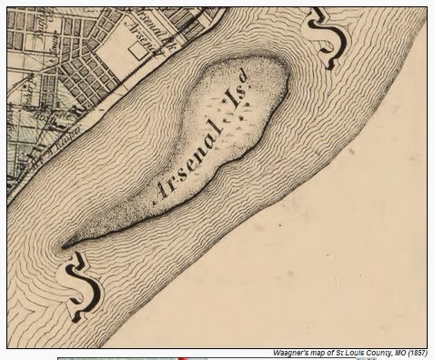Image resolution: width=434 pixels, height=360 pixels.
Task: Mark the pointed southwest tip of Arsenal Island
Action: coord(64,245)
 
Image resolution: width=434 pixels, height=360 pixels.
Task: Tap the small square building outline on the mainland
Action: coord(137,54)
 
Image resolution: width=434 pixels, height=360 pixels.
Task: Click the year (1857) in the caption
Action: coord(415,353)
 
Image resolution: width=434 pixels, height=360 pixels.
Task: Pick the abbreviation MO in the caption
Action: coord(394,353)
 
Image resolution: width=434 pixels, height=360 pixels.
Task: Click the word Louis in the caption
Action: coord(349,353)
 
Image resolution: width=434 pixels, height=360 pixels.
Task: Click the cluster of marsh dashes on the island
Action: coord(235,123)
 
